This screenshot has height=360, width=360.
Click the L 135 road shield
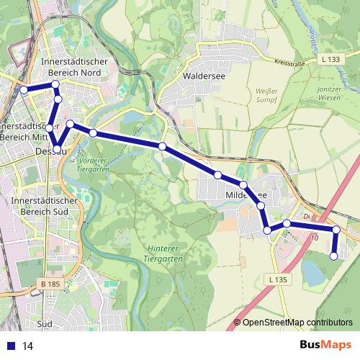point(278,279)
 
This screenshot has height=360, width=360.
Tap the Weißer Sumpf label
point(266,96)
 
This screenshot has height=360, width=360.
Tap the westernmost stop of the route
point(23,90)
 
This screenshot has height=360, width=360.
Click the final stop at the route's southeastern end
point(333,256)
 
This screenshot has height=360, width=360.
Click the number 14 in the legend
point(29,346)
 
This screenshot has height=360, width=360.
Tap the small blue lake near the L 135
point(314,272)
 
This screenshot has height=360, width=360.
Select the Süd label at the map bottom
point(44,324)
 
